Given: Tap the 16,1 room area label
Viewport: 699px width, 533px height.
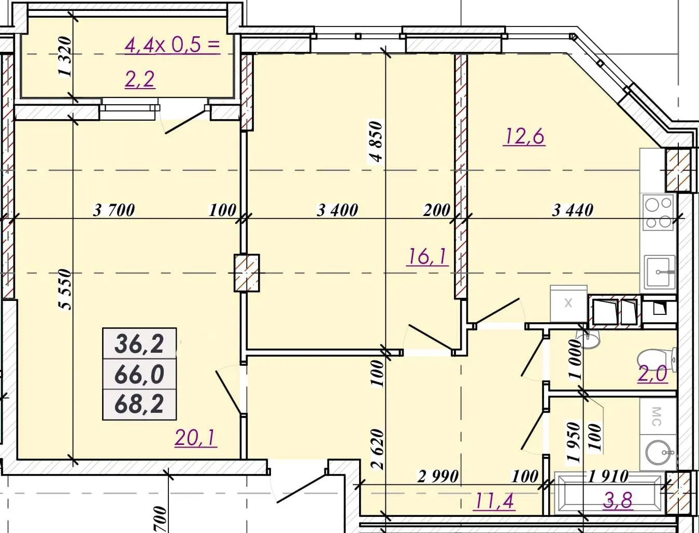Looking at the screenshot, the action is tap(427, 257).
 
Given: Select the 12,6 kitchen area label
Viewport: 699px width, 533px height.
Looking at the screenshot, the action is tap(523, 137).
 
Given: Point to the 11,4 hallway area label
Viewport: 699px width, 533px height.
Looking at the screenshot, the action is tap(494, 501).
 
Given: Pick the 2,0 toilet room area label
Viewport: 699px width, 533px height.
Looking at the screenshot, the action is tap(652, 373).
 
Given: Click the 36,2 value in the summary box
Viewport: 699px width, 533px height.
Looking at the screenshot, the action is tap(139, 344).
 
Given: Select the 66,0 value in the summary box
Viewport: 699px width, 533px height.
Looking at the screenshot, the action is tap(139, 374).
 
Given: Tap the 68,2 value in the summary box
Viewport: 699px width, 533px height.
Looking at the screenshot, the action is tap(139, 404).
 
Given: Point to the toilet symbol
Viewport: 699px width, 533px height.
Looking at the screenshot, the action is tap(657, 361).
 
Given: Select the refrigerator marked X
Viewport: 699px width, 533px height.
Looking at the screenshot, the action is tap(569, 304).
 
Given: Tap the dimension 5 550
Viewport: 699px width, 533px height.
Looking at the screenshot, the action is tap(65, 289).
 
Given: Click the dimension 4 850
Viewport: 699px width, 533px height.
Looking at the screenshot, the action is tap(377, 141).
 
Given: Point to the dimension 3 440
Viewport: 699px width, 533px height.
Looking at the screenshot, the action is tap(573, 210).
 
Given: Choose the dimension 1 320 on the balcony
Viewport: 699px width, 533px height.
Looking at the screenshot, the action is tap(65, 56).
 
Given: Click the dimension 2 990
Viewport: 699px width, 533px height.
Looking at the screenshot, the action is tap(438, 477).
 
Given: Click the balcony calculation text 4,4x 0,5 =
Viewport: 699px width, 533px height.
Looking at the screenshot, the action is tap(172, 46).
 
